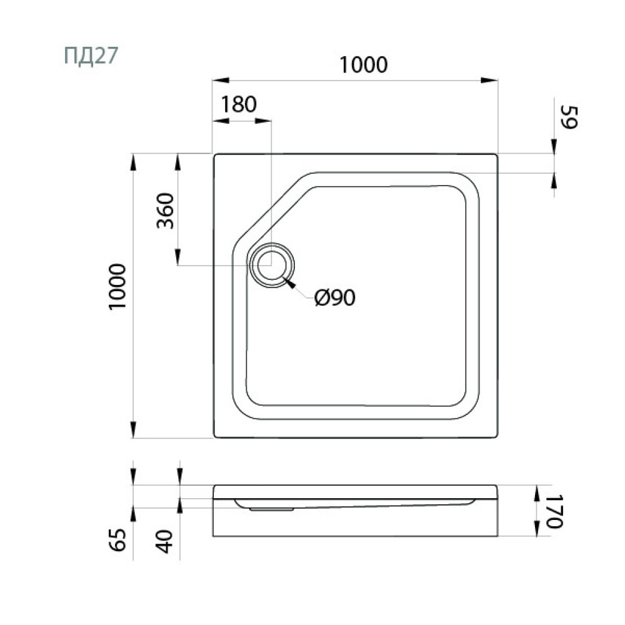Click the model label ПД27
coord(91,56)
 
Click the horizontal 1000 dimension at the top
coord(363,65)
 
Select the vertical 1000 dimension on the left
coord(117,286)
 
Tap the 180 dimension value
coord(239,104)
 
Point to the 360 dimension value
coord(166,211)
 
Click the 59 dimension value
coord(569,117)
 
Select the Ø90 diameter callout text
coord(335,297)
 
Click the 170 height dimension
coord(554,511)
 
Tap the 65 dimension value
coord(117,540)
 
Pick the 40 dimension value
coord(164,541)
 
